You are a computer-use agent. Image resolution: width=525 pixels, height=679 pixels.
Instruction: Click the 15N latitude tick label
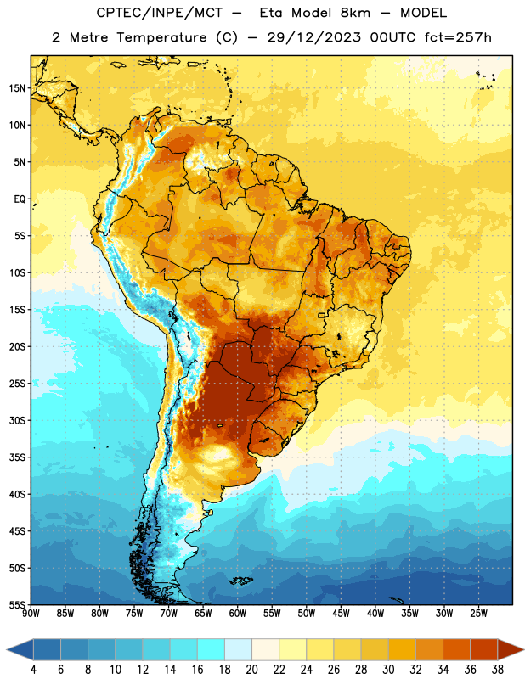[x=17, y=88]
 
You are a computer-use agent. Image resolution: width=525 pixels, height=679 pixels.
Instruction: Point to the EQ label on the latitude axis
[x=20, y=199]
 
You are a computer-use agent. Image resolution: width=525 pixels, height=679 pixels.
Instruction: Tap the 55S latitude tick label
[x=17, y=605]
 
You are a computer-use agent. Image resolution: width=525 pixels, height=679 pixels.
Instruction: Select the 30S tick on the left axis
[x=17, y=420]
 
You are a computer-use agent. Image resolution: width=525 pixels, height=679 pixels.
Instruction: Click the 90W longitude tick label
[x=31, y=614]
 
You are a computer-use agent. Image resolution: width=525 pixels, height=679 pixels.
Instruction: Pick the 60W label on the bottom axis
[x=238, y=614]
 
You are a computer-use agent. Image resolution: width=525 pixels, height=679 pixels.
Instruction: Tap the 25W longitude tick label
[x=478, y=614]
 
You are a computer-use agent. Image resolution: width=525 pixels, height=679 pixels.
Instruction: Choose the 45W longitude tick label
[x=341, y=614]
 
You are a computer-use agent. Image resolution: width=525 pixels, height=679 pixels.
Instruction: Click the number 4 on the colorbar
[x=33, y=670]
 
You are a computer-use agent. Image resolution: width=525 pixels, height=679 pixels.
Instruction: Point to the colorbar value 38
[x=498, y=670]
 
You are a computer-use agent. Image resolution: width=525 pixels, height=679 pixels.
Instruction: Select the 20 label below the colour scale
[x=251, y=670]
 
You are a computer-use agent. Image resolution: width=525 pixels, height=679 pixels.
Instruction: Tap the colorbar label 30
[x=388, y=670]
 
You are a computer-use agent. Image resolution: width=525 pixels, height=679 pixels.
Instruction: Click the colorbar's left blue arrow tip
[x=8, y=649]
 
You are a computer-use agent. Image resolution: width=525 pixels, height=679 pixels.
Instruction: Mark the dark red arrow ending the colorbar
[x=511, y=649]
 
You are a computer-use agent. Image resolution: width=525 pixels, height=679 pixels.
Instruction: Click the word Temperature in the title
[x=161, y=37]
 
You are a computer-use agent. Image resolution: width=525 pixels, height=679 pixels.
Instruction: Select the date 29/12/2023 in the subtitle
[x=313, y=37]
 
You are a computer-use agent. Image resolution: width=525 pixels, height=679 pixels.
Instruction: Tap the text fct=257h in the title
[x=458, y=37]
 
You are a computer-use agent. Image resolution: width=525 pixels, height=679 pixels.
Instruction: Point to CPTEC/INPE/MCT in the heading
[x=159, y=13]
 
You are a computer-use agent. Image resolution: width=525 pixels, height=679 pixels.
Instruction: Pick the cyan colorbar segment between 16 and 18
[x=211, y=649]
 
